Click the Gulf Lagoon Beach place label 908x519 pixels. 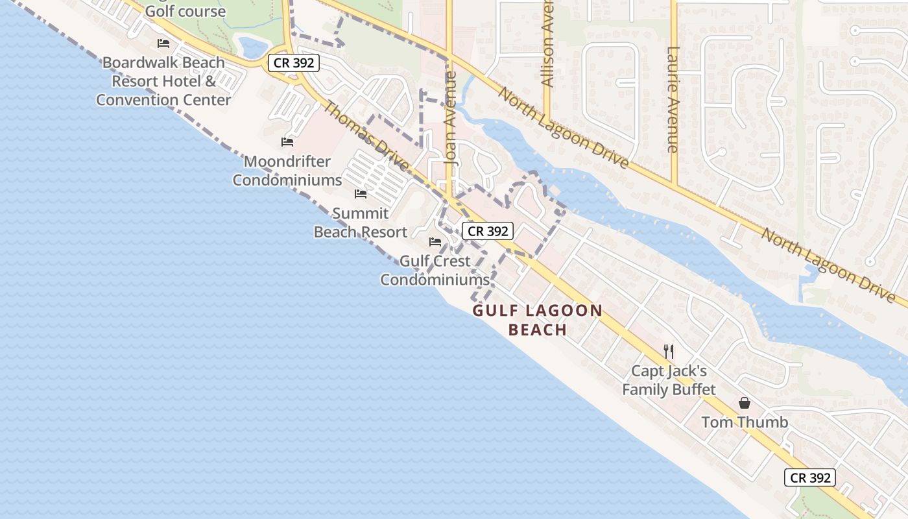click(x=538, y=320)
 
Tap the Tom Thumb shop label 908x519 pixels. click(x=745, y=422)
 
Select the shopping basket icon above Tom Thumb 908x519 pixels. click(x=745, y=403)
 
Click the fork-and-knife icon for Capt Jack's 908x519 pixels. click(x=669, y=352)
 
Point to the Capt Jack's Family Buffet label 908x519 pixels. click(x=669, y=380)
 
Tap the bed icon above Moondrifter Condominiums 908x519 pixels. click(x=287, y=142)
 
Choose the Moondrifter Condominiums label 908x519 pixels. click(x=287, y=171)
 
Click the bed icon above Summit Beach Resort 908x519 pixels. click(x=361, y=194)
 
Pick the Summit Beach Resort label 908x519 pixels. click(x=361, y=223)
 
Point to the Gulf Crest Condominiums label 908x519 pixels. click(x=435, y=271)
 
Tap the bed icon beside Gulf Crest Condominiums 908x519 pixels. click(x=435, y=242)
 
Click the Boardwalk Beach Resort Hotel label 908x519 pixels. click(x=163, y=81)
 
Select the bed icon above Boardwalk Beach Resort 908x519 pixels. click(x=163, y=43)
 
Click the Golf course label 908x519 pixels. click(x=185, y=11)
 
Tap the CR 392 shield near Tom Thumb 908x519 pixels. click(x=810, y=477)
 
